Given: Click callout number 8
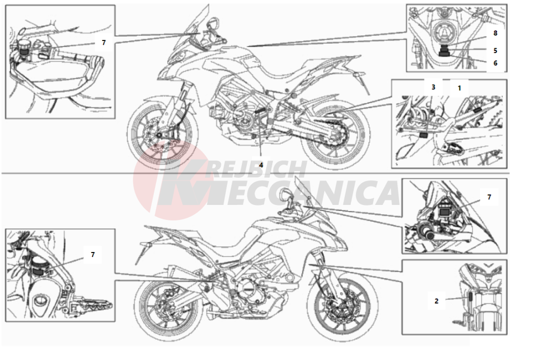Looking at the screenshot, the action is [x=495, y=33].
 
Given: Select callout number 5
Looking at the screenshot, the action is [x=495, y=50].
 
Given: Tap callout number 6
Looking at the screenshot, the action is [x=495, y=63].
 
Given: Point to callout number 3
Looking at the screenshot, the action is [x=433, y=87].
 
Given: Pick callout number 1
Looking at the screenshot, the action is [x=459, y=88].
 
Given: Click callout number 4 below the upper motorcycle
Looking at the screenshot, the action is [x=261, y=165].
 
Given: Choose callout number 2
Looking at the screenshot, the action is [x=437, y=301].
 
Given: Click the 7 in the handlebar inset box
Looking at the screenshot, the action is [x=104, y=43].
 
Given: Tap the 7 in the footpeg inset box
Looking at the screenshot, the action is [x=92, y=255].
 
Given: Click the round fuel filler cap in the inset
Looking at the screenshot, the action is [x=443, y=33].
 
